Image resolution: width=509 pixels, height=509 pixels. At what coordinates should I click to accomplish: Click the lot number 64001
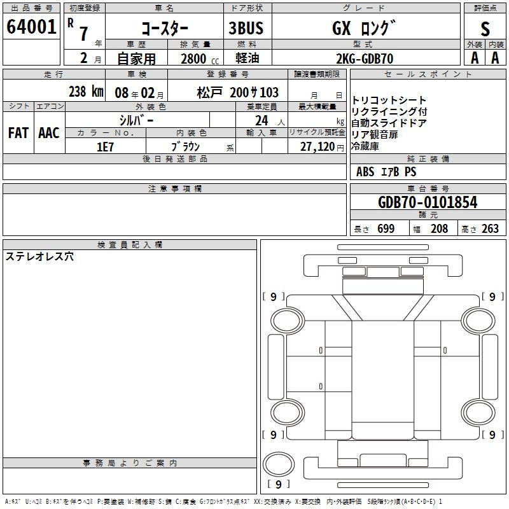pyautogui.click(x=31, y=26)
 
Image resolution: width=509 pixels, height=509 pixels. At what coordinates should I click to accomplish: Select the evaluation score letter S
pyautogui.click(x=485, y=29)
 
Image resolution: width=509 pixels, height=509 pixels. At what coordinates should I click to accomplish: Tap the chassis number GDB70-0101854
pyautogui.click(x=428, y=202)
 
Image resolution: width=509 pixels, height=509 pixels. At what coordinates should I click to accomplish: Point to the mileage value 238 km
pyautogui.click(x=86, y=92)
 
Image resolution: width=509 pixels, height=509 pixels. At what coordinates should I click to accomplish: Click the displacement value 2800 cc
pyautogui.click(x=200, y=59)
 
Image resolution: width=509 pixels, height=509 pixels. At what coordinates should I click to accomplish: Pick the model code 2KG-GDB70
pyautogui.click(x=365, y=59)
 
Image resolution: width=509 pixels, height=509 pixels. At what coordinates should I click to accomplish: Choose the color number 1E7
pyautogui.click(x=105, y=147)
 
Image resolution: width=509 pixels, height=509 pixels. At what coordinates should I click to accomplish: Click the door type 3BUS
pyautogui.click(x=246, y=28)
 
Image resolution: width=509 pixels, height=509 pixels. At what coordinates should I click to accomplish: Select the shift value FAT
pyautogui.click(x=18, y=133)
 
